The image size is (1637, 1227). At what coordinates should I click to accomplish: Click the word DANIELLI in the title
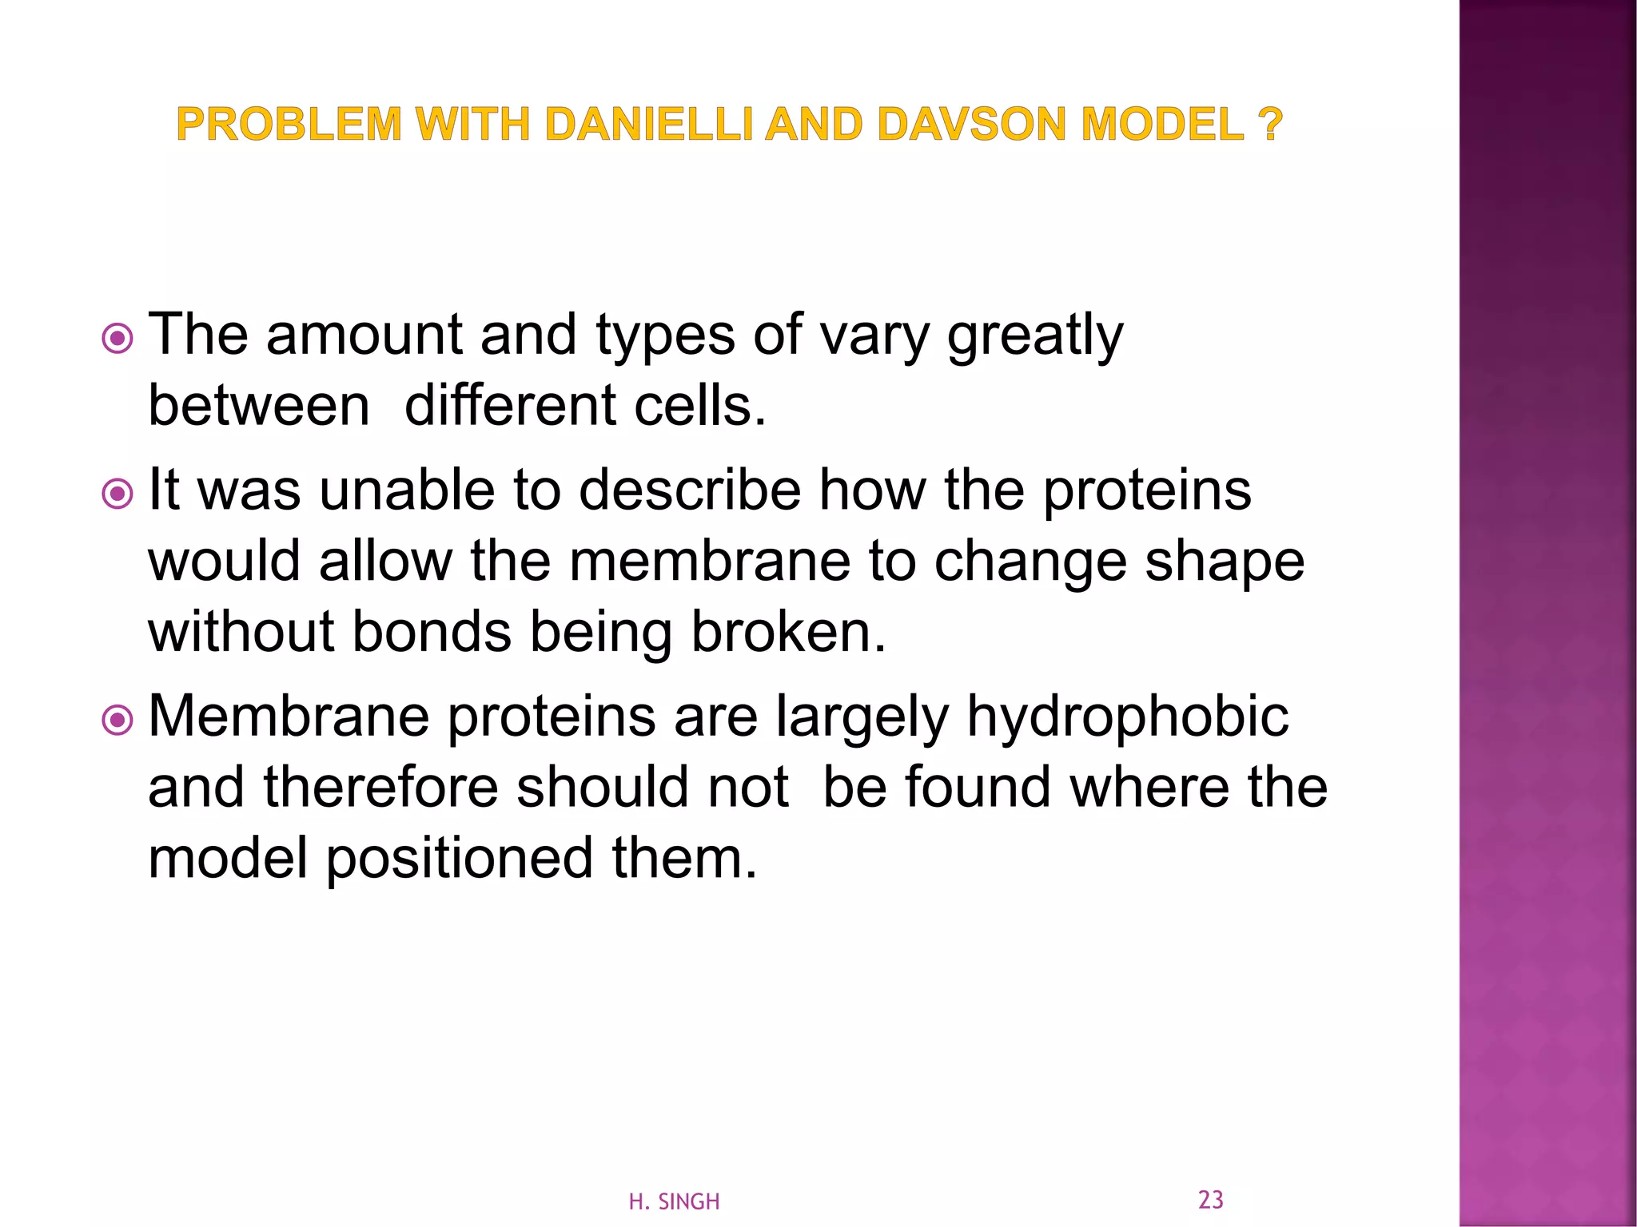(649, 125)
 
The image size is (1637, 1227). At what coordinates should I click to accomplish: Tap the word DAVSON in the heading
(971, 125)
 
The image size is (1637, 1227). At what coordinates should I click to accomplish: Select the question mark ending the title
(1269, 125)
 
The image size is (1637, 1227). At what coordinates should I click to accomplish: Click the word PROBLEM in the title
(289, 125)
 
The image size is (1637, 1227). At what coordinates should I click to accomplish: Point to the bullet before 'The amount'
(118, 340)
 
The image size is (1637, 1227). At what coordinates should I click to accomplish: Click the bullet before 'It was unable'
(118, 494)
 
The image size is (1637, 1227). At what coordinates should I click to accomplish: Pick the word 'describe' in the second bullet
(689, 490)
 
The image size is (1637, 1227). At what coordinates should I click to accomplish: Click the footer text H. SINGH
(674, 1201)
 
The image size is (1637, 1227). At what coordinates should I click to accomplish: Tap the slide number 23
(1210, 1199)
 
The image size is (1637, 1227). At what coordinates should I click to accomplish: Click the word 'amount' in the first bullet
(364, 336)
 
